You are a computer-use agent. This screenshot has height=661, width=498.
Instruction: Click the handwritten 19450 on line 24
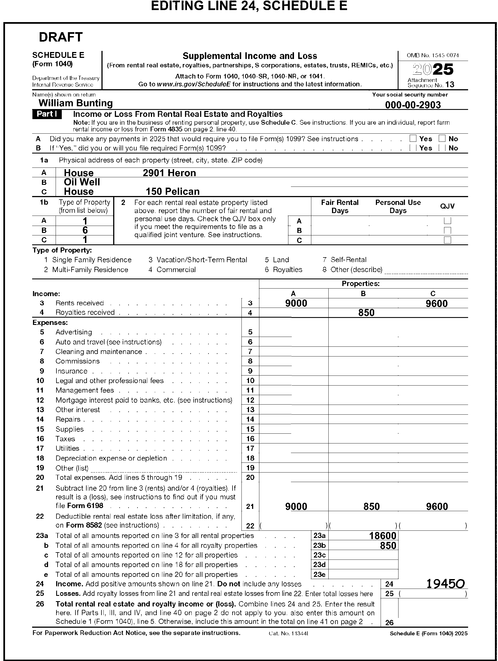tap(445, 584)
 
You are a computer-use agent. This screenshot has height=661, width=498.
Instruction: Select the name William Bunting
tap(75, 103)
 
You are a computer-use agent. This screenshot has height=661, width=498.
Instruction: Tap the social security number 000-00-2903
tap(412, 105)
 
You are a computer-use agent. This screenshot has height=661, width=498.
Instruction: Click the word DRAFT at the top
tap(61, 37)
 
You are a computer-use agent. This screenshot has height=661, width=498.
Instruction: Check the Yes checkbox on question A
tap(413, 138)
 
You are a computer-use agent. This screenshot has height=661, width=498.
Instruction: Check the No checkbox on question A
tap(442, 138)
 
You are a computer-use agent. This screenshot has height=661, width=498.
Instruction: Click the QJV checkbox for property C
tap(447, 240)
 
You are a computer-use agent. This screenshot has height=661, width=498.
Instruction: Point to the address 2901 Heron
tap(169, 173)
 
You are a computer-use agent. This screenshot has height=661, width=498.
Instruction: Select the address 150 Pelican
tap(172, 192)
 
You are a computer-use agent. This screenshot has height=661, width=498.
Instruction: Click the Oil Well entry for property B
tap(82, 182)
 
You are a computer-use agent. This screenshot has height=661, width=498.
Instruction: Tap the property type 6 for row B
tap(85, 230)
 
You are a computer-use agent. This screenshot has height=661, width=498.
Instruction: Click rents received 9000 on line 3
tap(296, 303)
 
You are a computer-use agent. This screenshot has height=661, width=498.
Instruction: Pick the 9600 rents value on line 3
tap(437, 304)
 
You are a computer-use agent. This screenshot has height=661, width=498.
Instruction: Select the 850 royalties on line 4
tap(366, 313)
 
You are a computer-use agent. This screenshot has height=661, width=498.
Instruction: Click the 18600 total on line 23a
tap(382, 535)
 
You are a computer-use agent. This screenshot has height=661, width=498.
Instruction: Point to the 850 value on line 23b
tap(388, 546)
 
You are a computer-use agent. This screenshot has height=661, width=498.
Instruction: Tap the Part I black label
tap(47, 114)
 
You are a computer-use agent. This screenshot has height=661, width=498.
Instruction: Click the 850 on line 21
tap(371, 506)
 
